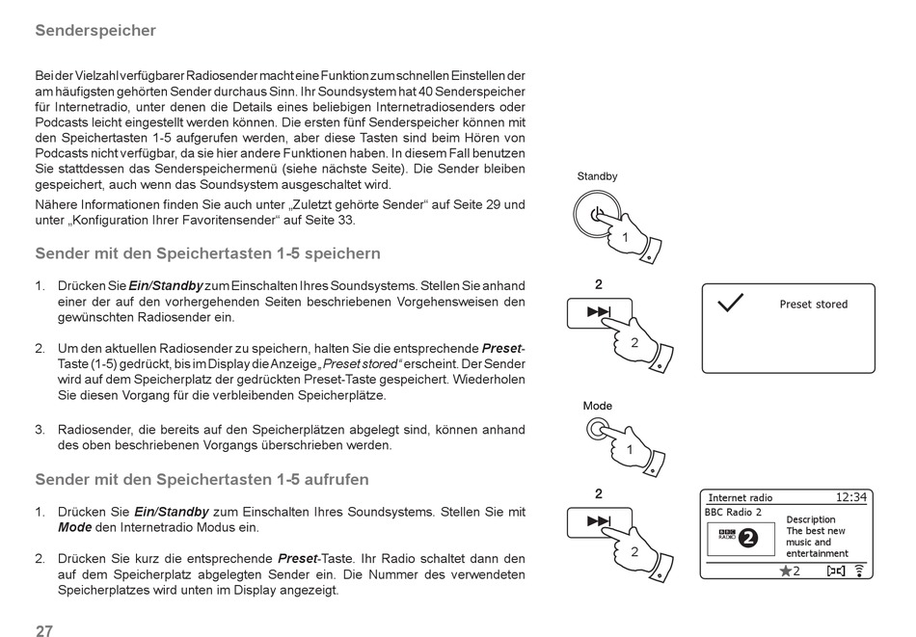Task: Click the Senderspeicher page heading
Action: click(95, 30)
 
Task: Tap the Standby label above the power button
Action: click(597, 176)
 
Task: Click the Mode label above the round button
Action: click(598, 406)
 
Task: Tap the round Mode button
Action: click(598, 429)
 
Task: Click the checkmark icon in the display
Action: click(731, 303)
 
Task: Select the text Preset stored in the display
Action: click(813, 305)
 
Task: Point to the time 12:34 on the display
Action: click(850, 497)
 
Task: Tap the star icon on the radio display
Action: click(786, 571)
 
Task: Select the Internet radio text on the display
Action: click(741, 498)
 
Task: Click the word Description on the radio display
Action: click(811, 519)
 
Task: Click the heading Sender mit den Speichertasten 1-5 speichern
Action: click(207, 253)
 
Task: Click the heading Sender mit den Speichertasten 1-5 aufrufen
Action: click(202, 479)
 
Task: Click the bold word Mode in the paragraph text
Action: click(74, 527)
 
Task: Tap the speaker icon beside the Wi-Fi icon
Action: click(835, 571)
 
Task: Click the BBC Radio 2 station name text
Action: click(733, 512)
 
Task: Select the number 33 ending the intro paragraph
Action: click(345, 220)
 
